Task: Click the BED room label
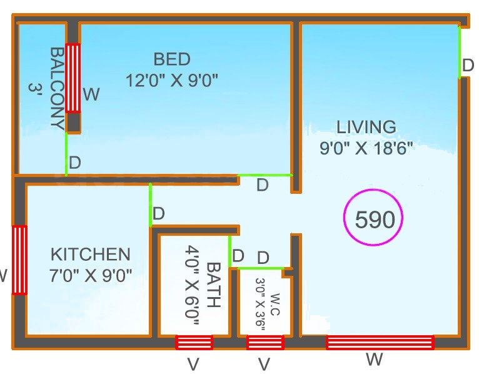point(172,59)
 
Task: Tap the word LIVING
point(366,127)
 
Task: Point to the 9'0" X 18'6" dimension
point(366,149)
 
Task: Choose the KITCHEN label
point(91,255)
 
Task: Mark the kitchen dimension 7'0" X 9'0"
point(91,275)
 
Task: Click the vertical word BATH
point(213,285)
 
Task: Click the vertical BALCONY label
point(56,88)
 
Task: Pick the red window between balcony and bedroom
point(73,78)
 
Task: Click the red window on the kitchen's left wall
point(20,260)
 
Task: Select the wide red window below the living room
point(380,342)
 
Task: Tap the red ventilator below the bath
point(194,342)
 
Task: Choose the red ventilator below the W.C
point(265,342)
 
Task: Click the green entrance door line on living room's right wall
point(460,52)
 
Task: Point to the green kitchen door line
point(150,205)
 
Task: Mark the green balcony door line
point(66,154)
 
